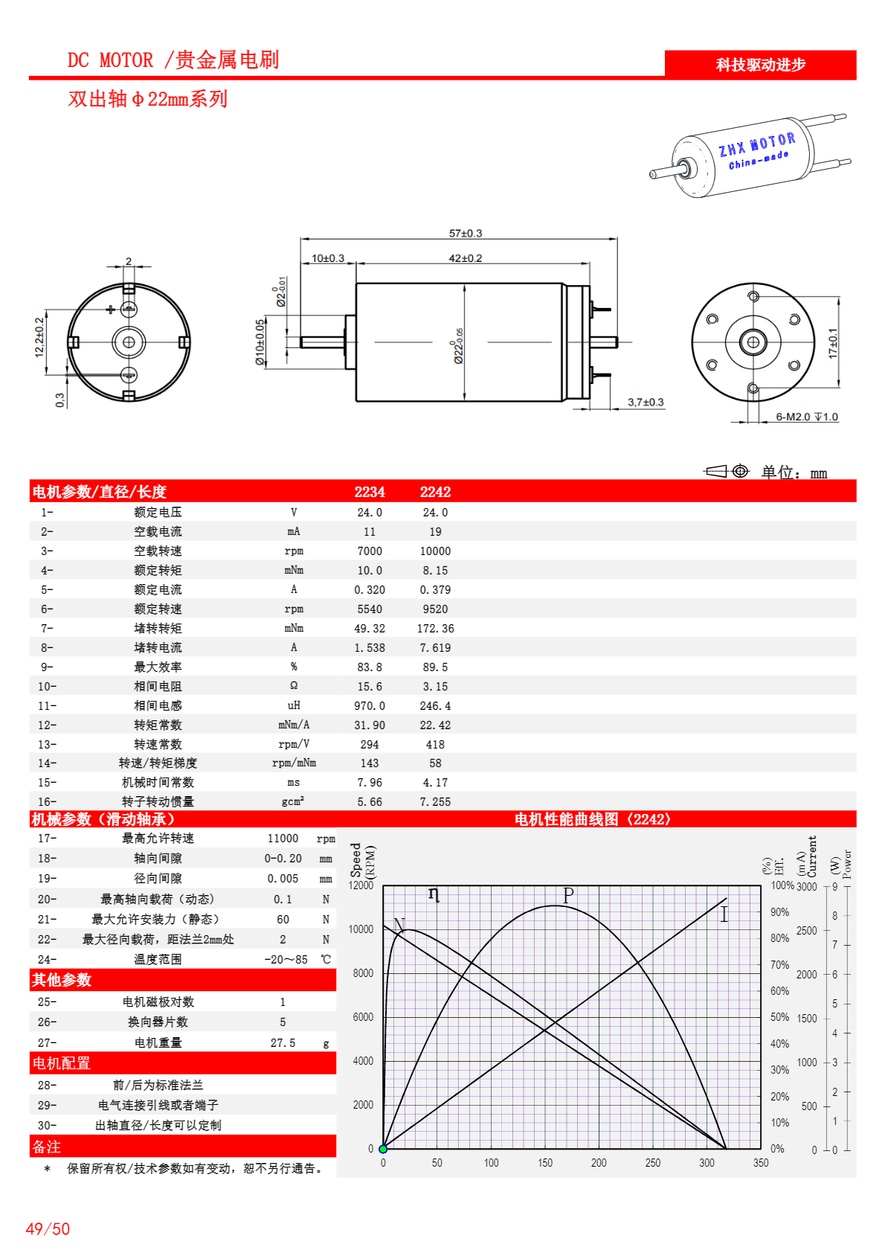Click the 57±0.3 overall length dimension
point(465,233)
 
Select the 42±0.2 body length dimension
point(465,258)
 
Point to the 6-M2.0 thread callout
point(806,417)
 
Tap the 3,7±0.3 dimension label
point(645,403)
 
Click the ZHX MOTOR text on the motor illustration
point(756,144)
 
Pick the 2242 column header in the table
point(435,492)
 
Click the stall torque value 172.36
point(435,629)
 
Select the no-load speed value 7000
point(370,551)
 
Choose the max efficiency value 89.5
point(435,667)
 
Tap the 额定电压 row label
point(158,513)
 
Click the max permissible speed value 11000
point(283,839)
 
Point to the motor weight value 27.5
point(283,1043)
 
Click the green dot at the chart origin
point(383,1149)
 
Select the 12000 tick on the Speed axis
point(361,885)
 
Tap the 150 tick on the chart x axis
point(545,1163)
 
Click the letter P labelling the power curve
point(568,895)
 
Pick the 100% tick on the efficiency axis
point(782,885)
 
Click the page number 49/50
point(48,1229)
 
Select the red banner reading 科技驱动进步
point(760,65)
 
